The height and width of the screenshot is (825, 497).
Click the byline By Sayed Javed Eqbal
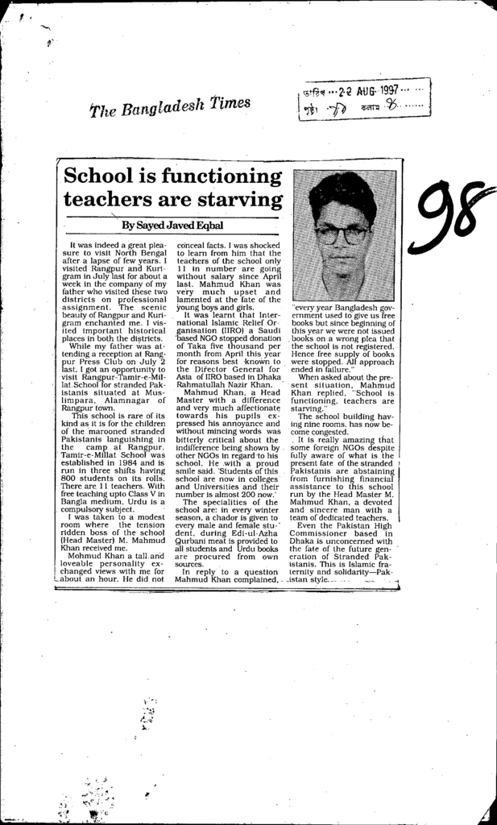(x=172, y=225)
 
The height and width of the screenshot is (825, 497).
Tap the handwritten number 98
(x=448, y=216)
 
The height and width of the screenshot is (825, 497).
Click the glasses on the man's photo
(x=342, y=234)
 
